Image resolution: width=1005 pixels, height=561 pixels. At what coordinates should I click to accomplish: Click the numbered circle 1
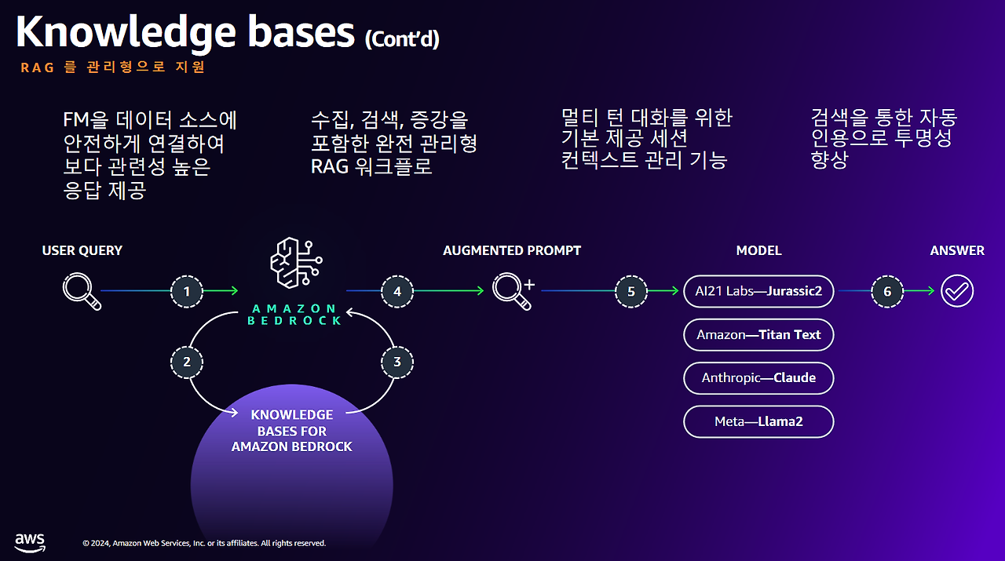187,292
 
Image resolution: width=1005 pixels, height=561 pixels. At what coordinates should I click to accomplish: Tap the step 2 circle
187,362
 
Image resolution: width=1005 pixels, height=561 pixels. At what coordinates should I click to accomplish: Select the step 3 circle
397,362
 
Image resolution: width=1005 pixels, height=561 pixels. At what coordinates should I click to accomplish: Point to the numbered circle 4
397,292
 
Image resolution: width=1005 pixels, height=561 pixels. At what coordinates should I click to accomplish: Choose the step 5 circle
631,292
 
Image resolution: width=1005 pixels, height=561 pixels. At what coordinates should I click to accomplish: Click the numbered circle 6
887,292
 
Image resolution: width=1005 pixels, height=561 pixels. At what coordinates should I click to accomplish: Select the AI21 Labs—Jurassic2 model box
758,291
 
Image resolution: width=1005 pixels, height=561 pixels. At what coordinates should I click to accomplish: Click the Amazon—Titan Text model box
758,334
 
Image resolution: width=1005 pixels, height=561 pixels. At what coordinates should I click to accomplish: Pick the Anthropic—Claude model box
758,378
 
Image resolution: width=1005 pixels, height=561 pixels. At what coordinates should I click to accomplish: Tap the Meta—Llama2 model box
758,421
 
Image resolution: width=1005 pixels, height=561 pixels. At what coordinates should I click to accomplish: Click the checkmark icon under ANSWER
957,291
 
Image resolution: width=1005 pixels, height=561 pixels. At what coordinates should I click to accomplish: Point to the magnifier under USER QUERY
82,292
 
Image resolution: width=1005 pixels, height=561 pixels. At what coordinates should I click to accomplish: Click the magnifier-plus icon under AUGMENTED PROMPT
513,292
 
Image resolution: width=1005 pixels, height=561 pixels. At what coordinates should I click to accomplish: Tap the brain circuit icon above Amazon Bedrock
296,263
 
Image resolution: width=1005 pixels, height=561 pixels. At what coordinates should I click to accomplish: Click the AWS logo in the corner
30,543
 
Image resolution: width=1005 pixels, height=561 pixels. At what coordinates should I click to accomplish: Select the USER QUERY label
82,250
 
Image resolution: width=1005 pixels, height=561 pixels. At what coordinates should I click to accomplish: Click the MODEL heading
758,250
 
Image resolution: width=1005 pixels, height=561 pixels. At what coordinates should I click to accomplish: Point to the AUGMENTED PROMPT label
512,250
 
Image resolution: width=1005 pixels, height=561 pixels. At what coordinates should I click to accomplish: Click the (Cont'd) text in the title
402,39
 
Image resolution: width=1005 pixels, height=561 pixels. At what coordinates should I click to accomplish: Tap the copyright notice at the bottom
204,543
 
